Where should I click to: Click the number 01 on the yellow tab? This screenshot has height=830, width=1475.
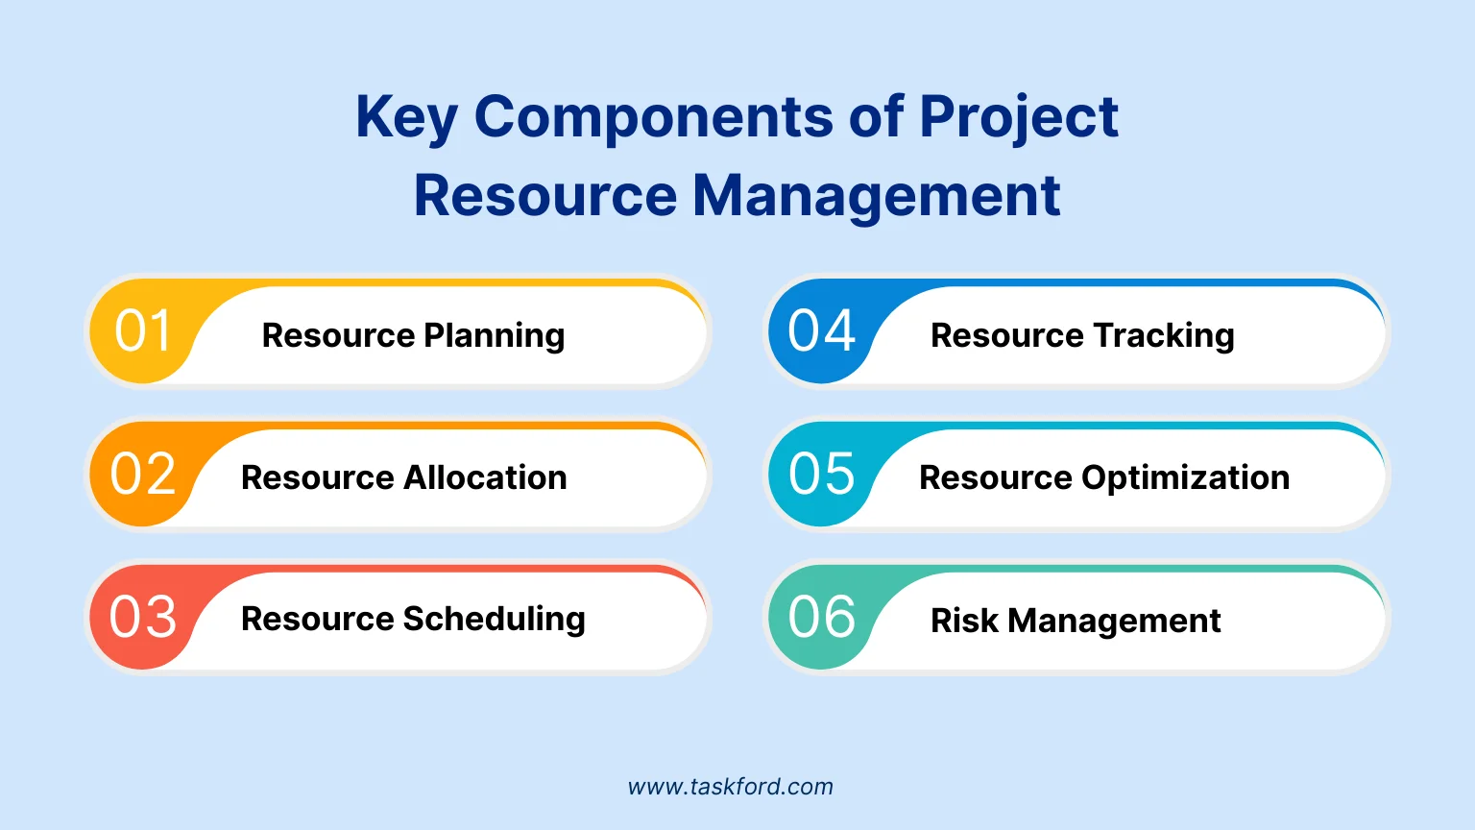point(142,330)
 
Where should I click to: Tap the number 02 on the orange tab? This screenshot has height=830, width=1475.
point(142,474)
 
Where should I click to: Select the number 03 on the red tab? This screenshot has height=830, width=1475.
point(142,617)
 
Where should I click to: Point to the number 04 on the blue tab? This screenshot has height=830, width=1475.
point(821,330)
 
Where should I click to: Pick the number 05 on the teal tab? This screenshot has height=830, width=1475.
point(821,474)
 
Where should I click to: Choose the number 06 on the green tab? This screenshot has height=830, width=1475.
point(821,617)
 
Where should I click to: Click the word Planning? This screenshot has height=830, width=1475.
point(494,336)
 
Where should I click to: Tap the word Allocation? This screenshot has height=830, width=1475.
point(485,476)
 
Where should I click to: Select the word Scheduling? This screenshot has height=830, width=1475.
point(494,620)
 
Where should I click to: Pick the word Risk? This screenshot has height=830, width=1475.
point(964,621)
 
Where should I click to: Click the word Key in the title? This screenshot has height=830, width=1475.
point(406,118)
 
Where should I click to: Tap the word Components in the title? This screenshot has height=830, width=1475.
point(654,118)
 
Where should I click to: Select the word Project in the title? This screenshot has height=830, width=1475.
point(1018,118)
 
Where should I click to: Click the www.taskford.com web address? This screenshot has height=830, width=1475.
point(730,787)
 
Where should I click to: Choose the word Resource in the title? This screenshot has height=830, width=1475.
point(545,196)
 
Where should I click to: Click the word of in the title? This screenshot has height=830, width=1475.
point(876,116)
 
